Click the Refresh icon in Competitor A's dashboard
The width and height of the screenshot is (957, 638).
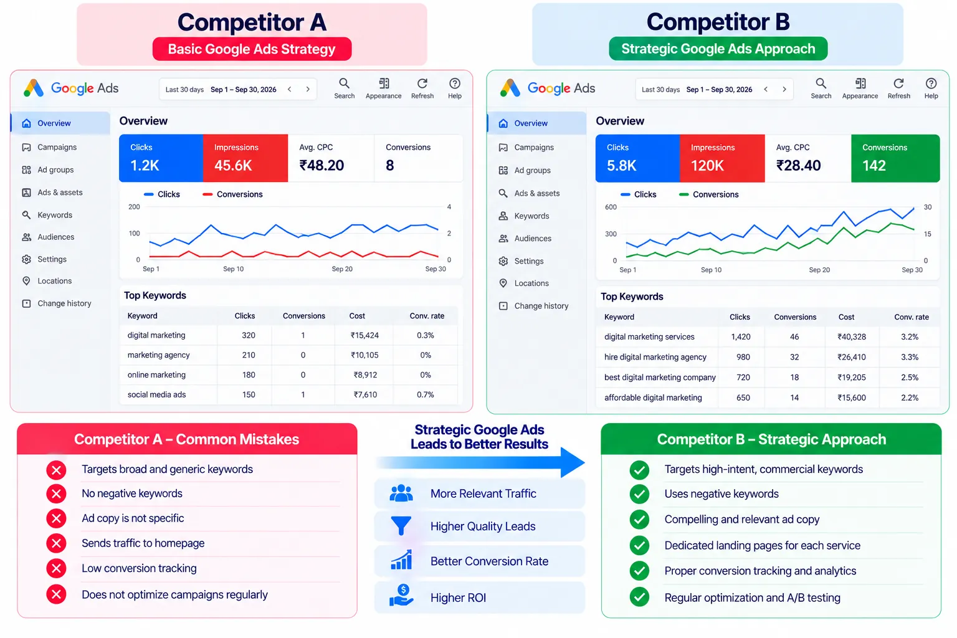pos(422,83)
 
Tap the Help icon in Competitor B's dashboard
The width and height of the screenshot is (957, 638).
pos(931,83)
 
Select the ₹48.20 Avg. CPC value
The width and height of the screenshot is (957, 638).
pos(321,165)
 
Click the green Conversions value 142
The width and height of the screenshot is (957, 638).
pos(874,166)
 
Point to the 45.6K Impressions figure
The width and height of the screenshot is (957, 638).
pos(233,165)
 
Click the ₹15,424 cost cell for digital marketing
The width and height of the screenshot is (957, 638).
pos(364,335)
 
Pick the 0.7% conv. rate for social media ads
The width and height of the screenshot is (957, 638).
pos(425,395)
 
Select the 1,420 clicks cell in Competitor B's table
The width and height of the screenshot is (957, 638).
pos(740,337)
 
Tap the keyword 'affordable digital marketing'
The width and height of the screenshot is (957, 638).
pos(653,398)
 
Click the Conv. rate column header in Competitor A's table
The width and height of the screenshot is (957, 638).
pos(427,317)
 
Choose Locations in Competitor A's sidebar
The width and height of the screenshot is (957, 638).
pos(54,281)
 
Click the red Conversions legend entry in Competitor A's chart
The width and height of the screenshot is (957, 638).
pos(232,194)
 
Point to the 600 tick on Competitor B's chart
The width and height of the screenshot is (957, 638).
pos(611,207)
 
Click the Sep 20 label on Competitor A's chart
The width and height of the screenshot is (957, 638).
pos(342,269)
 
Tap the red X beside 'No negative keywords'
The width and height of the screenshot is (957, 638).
pos(56,494)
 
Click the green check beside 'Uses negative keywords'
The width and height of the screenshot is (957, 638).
pos(639,495)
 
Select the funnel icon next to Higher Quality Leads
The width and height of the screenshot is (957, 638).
pos(401,526)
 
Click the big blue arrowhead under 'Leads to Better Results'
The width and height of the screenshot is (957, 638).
pos(571,462)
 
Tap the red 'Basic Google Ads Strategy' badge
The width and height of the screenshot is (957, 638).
pos(252,49)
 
